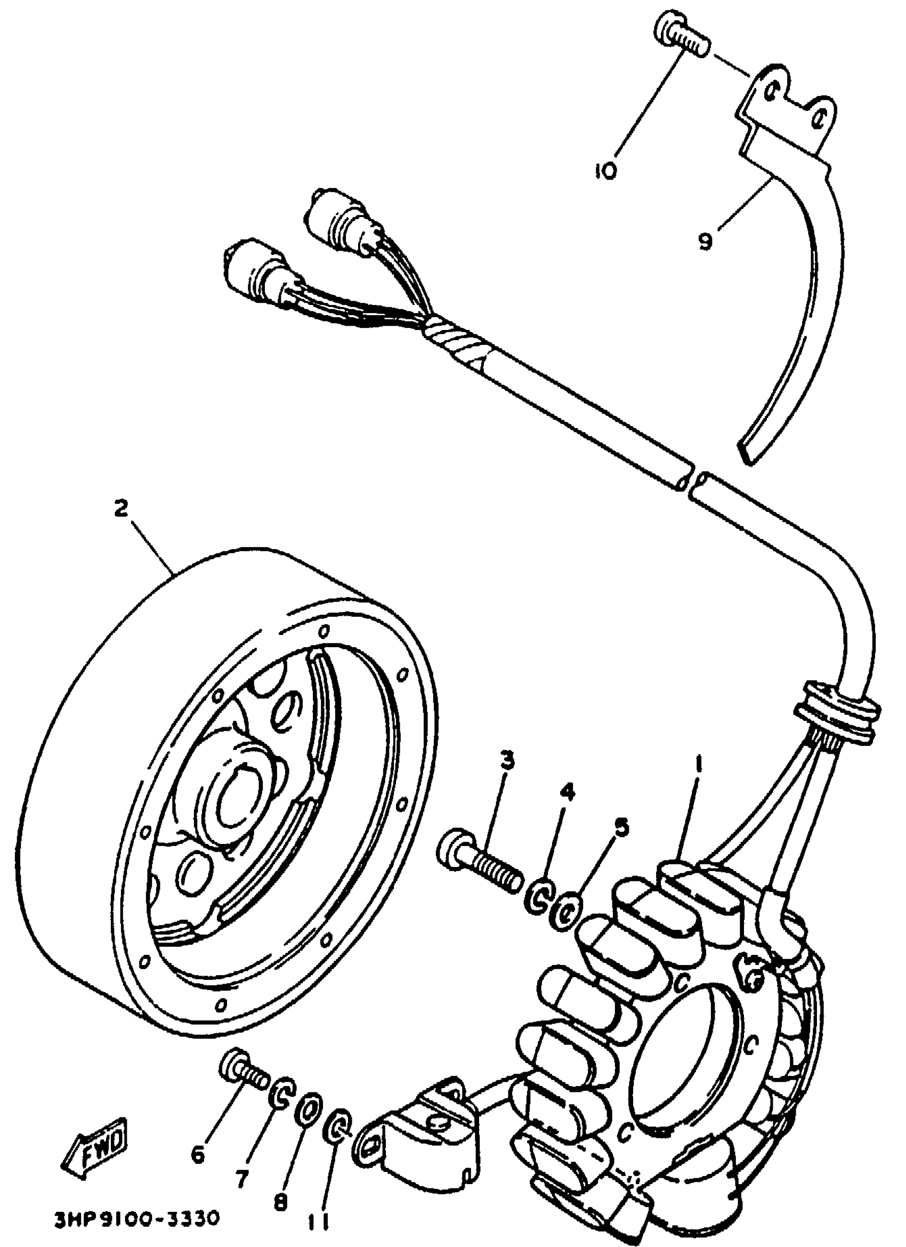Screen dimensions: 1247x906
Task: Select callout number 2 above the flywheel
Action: click(122, 508)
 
